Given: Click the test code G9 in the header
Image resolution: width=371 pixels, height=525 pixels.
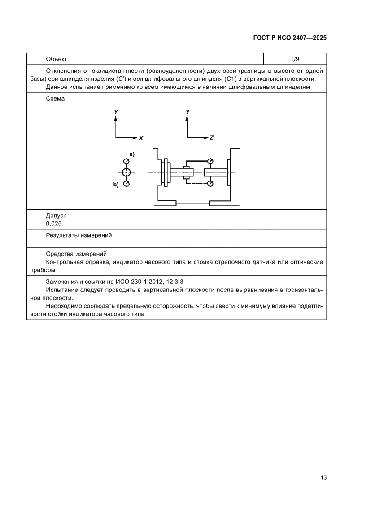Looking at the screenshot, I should point(295,59).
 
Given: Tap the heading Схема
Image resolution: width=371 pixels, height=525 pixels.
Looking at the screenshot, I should point(55,99).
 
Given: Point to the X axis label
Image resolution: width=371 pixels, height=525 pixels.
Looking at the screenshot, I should point(141,138).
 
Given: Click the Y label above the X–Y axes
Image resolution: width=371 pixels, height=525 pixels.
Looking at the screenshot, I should point(116,111).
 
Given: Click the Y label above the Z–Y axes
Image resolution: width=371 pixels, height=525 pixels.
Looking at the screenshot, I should point(188,111).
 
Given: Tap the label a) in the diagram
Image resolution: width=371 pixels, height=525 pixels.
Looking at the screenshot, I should point(132,154).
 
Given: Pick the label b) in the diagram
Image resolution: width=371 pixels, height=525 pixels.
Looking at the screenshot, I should point(116,184).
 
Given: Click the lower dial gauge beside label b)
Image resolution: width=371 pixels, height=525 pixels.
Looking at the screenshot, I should point(127,183).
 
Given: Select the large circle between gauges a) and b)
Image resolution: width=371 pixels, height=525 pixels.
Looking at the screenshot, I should point(127,172).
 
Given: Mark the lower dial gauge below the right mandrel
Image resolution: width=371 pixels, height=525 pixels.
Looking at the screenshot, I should point(210,183).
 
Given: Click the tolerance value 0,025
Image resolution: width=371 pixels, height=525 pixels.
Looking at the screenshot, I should point(54,223).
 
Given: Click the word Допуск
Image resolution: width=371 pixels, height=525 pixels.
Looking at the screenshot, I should point(56,216).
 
